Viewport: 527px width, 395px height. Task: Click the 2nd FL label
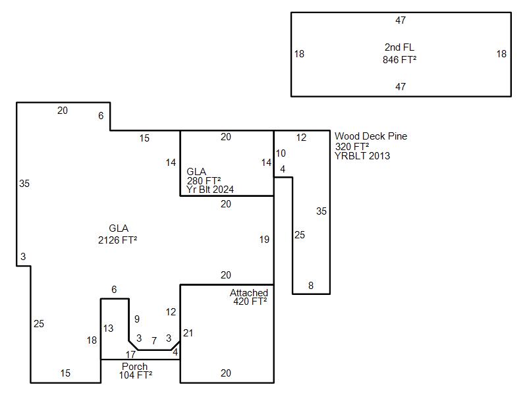coord(399,47)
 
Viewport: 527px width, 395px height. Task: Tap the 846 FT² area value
coord(399,59)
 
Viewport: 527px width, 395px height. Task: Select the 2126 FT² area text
coord(117,240)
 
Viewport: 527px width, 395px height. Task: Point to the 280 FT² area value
coord(204,181)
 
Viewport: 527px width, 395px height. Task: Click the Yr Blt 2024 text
coord(209,190)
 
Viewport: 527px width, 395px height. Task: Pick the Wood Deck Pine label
coord(370,136)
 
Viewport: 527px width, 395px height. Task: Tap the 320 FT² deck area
coord(352,146)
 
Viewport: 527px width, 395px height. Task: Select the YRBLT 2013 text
coord(362,156)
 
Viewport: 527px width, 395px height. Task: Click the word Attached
coord(248,293)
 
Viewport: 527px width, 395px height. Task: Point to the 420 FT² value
coord(250,302)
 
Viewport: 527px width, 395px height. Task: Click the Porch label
coord(134,367)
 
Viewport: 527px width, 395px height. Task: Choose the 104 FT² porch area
coord(136,375)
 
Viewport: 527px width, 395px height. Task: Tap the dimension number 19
coord(264,240)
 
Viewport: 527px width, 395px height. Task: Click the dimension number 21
coord(188,333)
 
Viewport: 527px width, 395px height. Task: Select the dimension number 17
coord(130,355)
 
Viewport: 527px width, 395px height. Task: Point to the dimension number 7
coord(153,341)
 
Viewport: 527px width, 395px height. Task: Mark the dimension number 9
coord(137,319)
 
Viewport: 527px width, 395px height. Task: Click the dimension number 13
coord(108,329)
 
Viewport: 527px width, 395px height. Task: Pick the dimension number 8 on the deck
coord(311,286)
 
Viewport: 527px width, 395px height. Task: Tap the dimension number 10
coord(281,153)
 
